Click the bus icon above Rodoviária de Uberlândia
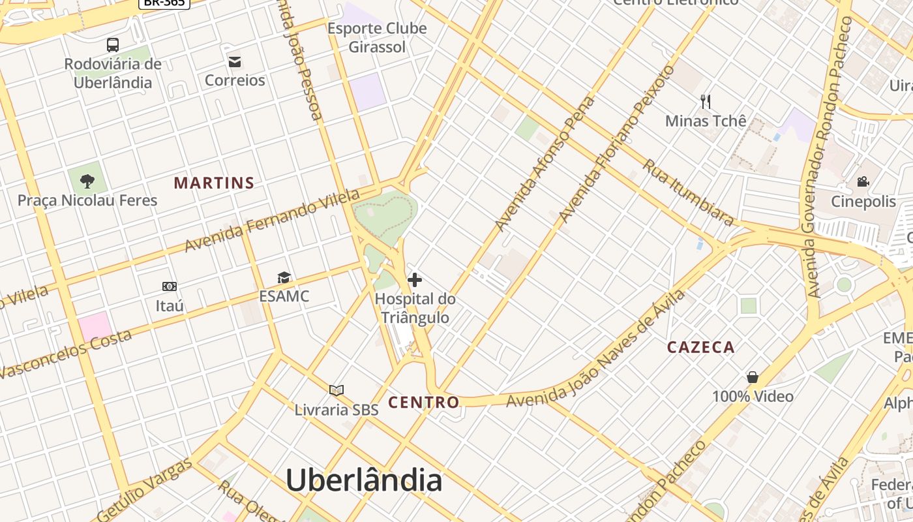[x=113, y=45]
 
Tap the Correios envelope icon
[x=235, y=62]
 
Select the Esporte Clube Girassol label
[x=377, y=38]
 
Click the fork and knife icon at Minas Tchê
[x=705, y=101]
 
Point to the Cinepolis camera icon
[x=863, y=181]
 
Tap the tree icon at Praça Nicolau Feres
[x=87, y=181]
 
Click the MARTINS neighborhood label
[x=214, y=183]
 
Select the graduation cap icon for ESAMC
[x=284, y=278]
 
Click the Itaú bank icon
[x=170, y=286]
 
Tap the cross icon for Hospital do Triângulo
[x=415, y=281]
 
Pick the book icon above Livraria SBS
[x=337, y=391]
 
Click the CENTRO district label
[x=424, y=403]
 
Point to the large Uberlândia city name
[x=364, y=481]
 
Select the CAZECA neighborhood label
[x=700, y=348]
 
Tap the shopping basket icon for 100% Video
[x=753, y=378]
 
